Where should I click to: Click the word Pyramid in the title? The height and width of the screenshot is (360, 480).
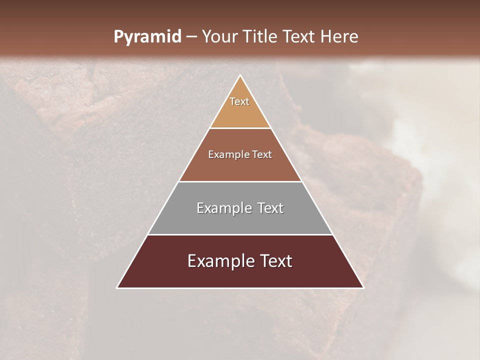pos(147,37)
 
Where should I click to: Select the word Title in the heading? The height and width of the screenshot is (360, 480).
pos(260,36)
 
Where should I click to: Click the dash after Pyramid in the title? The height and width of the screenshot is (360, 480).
pos(191,37)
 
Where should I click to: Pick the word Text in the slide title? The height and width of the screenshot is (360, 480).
pos(299,36)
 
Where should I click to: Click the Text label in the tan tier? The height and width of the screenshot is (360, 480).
pos(239,101)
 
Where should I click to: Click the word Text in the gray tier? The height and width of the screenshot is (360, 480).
pos(270,208)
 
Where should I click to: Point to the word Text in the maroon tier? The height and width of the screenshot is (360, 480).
pos(276,261)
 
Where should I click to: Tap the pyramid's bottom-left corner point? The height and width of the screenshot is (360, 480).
pos(117,288)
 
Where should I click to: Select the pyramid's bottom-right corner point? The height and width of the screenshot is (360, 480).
pos(363,288)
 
